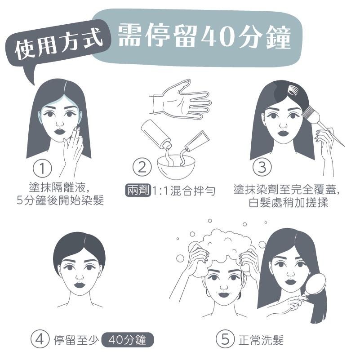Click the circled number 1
coord(43,169)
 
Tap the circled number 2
coord(142,169)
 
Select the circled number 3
coord(262,168)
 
